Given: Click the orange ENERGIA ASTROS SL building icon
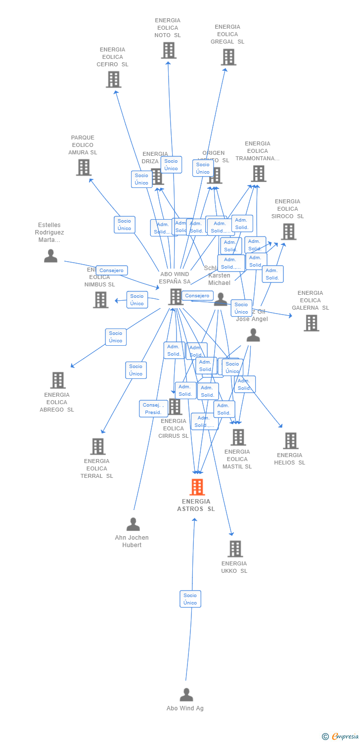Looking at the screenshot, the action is point(197,487).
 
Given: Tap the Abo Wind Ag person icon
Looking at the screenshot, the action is point(186,695).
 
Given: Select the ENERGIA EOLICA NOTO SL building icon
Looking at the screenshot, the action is point(169,50).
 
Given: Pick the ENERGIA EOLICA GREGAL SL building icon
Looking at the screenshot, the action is point(228,57).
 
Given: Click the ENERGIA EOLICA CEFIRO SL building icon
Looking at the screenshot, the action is point(113,80).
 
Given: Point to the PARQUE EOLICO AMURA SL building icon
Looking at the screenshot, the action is point(84,168).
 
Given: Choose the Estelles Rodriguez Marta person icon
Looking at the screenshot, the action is point(50,256).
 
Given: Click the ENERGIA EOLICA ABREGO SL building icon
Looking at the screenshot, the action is point(58,380).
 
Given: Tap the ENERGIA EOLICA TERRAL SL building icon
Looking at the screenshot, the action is point(97,447).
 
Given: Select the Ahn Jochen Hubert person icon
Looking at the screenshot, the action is point(133,524).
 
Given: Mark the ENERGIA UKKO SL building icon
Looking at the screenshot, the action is point(235,549).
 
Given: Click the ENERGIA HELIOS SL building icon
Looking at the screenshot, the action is point(290,441).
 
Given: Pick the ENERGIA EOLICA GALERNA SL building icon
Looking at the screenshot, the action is point(311,323).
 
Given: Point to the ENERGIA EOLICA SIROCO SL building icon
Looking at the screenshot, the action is point(288,232).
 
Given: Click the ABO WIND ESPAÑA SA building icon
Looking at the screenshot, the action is point(176,297).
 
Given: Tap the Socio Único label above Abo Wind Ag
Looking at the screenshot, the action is point(190,599).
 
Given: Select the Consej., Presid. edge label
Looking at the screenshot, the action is point(153,409).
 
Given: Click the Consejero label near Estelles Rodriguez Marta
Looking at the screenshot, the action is point(112,271).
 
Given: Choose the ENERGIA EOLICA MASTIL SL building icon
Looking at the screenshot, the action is point(238,437).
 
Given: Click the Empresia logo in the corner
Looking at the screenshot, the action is point(341,737).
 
